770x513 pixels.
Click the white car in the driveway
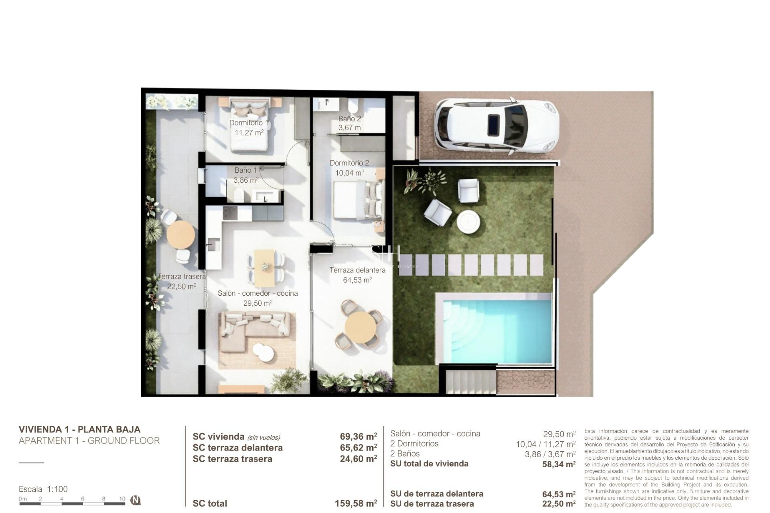tap(496, 127)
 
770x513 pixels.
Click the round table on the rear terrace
tap(180, 234)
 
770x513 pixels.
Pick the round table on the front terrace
tap(361, 327)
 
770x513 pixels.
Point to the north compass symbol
tap(136, 500)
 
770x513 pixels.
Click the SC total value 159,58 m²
tap(355, 503)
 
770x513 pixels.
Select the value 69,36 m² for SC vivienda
tap(358, 436)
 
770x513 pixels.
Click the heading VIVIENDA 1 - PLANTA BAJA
tap(79, 429)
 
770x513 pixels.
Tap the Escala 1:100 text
tap(43, 489)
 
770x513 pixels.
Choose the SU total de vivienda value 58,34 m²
tap(559, 464)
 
